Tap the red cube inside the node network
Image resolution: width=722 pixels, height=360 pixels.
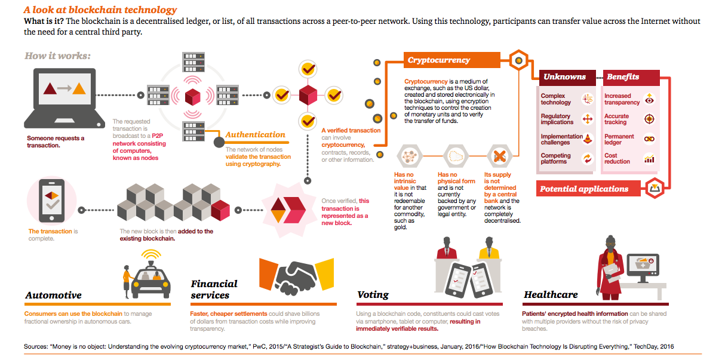click(192, 96)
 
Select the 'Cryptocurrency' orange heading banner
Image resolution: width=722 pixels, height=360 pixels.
click(440, 60)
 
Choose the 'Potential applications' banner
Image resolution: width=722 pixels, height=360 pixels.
click(584, 189)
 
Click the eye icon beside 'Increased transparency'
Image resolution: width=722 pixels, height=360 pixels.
click(650, 100)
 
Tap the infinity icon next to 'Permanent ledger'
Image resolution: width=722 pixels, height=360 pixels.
click(649, 139)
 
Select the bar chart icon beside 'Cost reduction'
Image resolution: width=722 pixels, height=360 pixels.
click(649, 159)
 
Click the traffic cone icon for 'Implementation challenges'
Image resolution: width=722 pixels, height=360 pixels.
click(588, 139)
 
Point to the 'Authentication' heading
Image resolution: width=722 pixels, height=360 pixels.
click(255, 135)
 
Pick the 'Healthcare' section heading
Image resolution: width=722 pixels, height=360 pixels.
click(551, 295)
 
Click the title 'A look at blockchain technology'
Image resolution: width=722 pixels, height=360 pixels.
click(100, 10)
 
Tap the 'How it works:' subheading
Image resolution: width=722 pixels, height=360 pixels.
click(57, 56)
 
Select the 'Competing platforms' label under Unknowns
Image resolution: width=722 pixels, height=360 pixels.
click(556, 159)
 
